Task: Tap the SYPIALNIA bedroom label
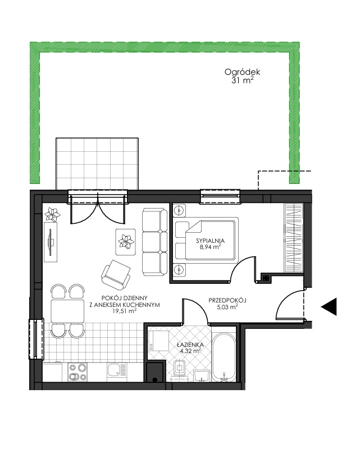point(210,241)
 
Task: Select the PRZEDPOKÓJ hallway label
point(227,300)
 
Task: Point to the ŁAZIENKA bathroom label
point(190,345)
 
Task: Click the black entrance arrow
point(329,307)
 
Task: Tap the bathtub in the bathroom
point(224,358)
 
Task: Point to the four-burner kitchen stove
point(77,372)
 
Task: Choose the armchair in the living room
point(116,274)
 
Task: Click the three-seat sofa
point(154,242)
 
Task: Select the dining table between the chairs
point(67,311)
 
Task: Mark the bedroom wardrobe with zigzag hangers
point(294,238)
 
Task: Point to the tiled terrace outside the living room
point(97,164)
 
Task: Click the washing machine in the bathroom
point(159,341)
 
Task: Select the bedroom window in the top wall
point(220,196)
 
